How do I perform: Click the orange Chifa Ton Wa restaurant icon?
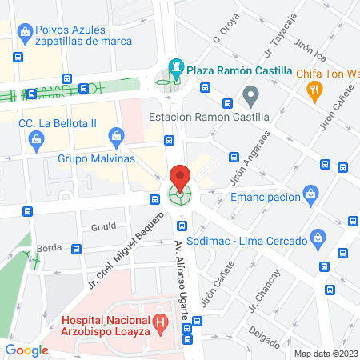click(x=314, y=91)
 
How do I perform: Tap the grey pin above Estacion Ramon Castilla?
click(x=250, y=98)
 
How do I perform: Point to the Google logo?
click(x=26, y=350)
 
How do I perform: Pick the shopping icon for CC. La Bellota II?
click(x=35, y=142)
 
